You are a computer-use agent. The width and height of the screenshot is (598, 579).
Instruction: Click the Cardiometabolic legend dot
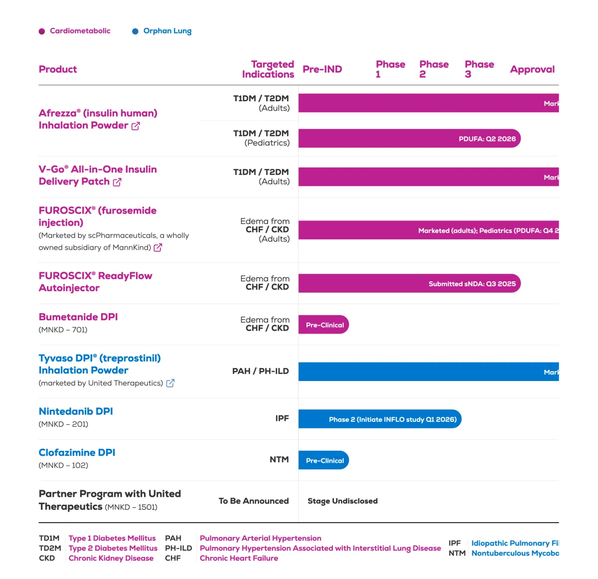[42, 31]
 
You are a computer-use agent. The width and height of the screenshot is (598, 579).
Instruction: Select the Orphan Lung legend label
[167, 31]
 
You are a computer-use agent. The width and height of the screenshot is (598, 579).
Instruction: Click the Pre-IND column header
[322, 69]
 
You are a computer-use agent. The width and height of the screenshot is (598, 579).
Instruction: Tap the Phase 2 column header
[434, 69]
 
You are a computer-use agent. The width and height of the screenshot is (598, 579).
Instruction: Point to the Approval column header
[532, 69]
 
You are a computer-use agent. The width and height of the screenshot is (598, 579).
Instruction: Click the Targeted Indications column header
[268, 69]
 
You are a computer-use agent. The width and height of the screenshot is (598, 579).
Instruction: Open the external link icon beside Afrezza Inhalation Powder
[136, 126]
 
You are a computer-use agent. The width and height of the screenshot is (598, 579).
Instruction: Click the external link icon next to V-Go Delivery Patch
[117, 182]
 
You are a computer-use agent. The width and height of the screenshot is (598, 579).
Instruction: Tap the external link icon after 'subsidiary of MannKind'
[158, 247]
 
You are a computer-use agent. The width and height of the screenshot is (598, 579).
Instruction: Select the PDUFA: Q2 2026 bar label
[487, 139]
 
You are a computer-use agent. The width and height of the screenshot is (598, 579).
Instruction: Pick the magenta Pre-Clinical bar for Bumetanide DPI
[324, 325]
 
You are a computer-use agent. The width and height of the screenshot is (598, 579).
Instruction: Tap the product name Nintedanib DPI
[76, 411]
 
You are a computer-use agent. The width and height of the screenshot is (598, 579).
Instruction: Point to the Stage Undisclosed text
[342, 501]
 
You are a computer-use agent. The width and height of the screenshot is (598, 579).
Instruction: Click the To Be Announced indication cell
[253, 501]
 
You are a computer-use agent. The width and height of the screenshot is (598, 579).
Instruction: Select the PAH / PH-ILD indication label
[260, 371]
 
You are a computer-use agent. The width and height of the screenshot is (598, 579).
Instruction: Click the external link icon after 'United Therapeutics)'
[170, 383]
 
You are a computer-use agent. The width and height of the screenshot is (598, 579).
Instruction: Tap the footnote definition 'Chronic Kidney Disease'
[111, 559]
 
